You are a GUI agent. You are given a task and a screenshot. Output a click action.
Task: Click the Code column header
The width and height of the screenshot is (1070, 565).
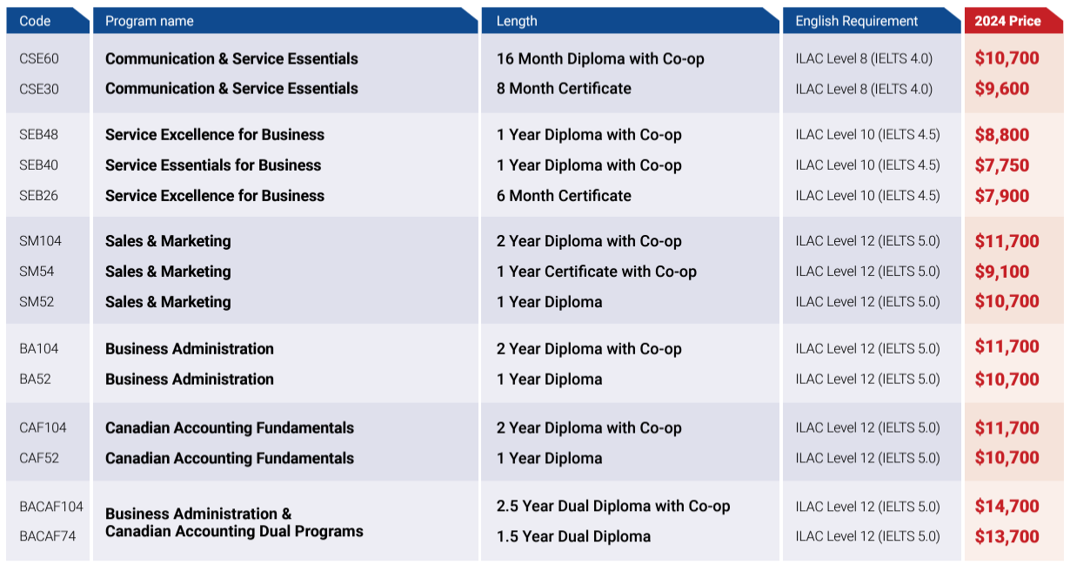36,21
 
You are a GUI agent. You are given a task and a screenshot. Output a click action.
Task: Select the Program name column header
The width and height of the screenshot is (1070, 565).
150,21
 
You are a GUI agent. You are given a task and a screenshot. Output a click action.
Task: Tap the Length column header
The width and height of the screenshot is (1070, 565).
517,21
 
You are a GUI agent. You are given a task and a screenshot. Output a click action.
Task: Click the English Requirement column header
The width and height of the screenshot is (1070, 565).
856,21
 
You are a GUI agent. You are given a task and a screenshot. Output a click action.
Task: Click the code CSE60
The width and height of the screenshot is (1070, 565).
39,59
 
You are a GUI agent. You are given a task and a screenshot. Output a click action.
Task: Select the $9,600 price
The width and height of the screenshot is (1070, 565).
1001,89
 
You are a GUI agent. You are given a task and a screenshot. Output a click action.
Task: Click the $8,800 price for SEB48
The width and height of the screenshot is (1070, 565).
1001,135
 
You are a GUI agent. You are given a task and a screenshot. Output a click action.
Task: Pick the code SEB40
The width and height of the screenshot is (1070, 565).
39,165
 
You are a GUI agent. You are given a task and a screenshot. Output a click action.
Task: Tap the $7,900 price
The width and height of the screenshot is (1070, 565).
1001,196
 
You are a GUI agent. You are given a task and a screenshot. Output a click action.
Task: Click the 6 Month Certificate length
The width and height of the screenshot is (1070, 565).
564,196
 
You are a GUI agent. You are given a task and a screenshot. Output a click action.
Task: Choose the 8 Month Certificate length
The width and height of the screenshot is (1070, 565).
564,89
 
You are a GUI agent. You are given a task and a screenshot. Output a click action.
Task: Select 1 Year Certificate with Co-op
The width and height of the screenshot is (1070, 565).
596,272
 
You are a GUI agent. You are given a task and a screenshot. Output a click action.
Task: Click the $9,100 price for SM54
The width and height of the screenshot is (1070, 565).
1001,272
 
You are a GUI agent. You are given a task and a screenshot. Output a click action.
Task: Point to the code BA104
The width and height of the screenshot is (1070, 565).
39,349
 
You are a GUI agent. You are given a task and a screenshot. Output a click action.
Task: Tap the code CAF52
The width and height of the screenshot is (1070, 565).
39,458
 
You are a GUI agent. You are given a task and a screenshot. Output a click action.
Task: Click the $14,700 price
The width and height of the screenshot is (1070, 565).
1006,507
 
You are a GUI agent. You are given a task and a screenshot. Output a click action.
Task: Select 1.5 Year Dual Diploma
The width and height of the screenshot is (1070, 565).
573,536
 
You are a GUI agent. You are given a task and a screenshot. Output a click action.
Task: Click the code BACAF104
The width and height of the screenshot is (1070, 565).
51,507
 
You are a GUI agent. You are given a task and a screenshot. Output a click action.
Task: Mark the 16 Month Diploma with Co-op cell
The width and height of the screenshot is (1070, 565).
600,59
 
